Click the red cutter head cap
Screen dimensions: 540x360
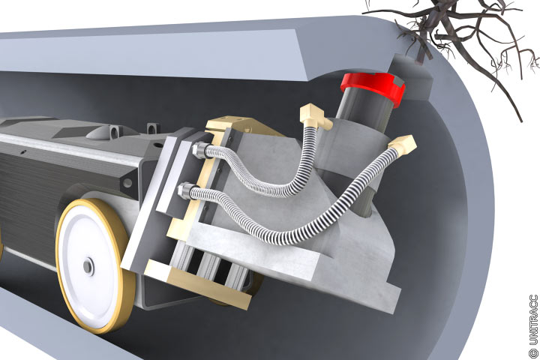tap(373, 87)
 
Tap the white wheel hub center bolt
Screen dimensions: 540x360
tap(88, 266)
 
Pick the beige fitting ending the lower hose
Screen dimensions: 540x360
tap(402, 145)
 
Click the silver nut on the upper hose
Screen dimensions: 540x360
tap(199, 151)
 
